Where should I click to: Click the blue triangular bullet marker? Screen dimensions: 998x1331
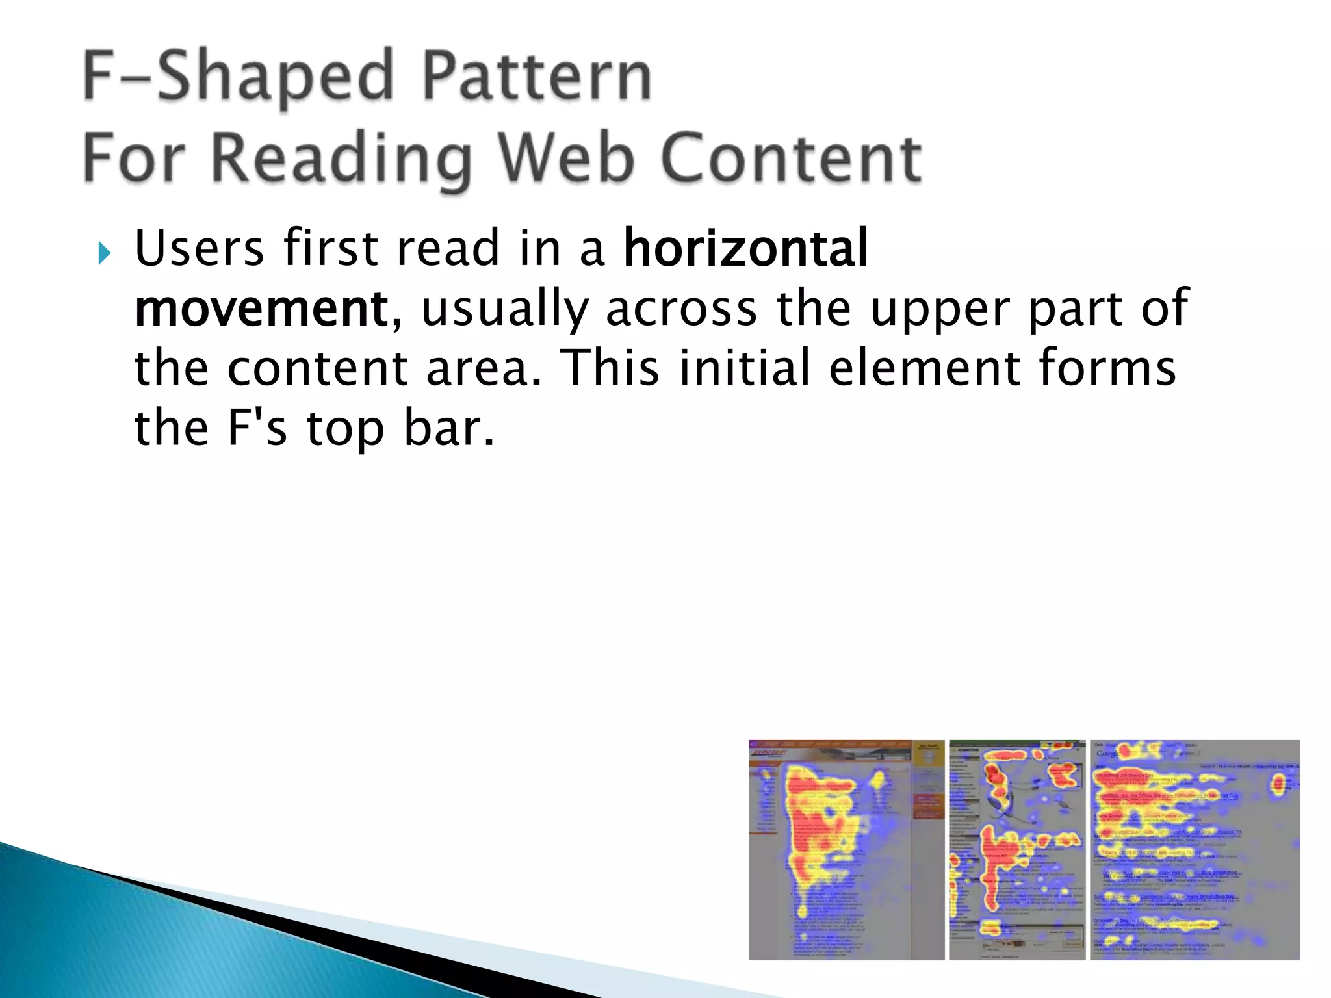[105, 253]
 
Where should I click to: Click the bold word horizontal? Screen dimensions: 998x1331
[745, 248]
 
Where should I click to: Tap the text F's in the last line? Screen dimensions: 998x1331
[257, 428]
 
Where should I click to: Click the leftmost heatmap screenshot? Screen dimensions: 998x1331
[846, 850]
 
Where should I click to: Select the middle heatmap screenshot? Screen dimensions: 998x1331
[1017, 850]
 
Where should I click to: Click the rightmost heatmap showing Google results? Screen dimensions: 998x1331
[1195, 850]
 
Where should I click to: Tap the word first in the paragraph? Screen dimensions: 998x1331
[331, 248]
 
